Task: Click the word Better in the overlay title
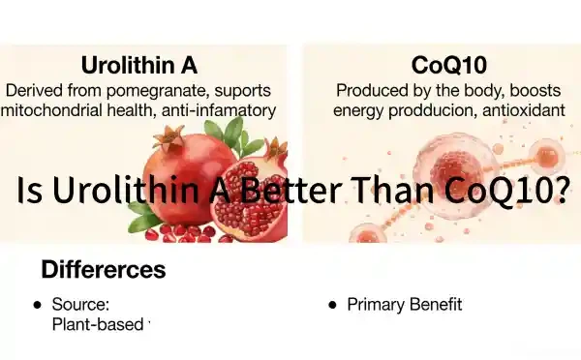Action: coord(288,191)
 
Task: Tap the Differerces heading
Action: coord(103,268)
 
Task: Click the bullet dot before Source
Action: coord(37,305)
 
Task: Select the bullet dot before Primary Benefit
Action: coord(332,305)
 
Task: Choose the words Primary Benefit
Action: coord(404,305)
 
